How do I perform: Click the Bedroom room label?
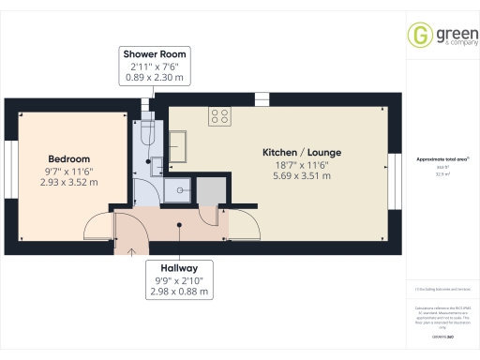click(x=69, y=158)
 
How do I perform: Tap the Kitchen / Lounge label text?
click(x=302, y=151)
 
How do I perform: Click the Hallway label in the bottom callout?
click(x=177, y=266)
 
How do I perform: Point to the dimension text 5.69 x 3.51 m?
click(x=302, y=174)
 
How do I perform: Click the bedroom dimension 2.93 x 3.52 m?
click(x=69, y=182)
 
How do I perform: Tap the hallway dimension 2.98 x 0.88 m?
click(x=177, y=291)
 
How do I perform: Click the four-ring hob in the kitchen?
click(x=221, y=116)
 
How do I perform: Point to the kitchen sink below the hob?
click(x=180, y=144)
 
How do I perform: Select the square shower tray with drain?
click(x=176, y=190)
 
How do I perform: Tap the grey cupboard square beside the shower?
click(x=211, y=190)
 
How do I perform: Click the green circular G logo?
click(x=419, y=35)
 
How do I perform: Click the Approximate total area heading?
click(x=442, y=159)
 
